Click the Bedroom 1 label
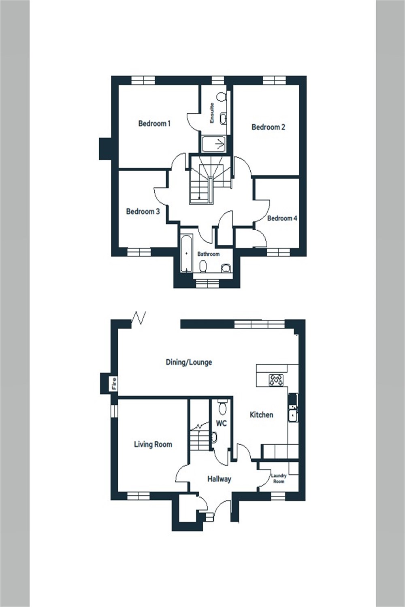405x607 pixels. click(154, 123)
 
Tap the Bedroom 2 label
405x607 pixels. click(268, 127)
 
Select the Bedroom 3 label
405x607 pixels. click(143, 211)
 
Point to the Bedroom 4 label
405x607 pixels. click(282, 218)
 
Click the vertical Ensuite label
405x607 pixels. click(211, 113)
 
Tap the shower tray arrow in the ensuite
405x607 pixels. click(220, 144)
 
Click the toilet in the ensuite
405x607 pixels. click(221, 98)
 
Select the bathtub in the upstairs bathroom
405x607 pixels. click(186, 253)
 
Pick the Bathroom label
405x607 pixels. click(208, 254)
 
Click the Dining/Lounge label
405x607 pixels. click(189, 362)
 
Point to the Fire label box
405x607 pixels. click(114, 383)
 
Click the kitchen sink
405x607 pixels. click(292, 415)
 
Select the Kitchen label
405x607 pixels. click(261, 415)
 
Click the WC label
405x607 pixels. click(221, 424)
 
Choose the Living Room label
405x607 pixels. click(153, 444)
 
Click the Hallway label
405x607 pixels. click(219, 479)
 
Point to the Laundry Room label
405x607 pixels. click(279, 478)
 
